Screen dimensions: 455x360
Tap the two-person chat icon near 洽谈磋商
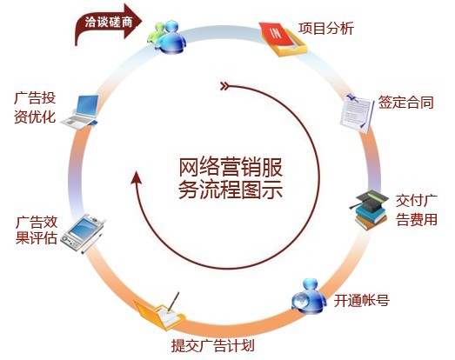pyautogui.click(x=167, y=37)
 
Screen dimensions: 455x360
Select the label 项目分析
pyautogui.click(x=326, y=29)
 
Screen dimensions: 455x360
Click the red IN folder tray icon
pyautogui.click(x=284, y=39)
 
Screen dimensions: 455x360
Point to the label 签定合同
pyautogui.click(x=406, y=103)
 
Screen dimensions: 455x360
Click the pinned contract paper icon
pyautogui.click(x=357, y=112)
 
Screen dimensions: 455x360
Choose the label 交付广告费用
pyautogui.click(x=417, y=210)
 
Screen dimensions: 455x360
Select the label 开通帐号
pyautogui.click(x=362, y=301)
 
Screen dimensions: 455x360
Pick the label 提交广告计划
pyautogui.click(x=212, y=345)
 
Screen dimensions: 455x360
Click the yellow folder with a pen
pyautogui.click(x=160, y=312)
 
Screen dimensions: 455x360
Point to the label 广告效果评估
pyautogui.click(x=37, y=230)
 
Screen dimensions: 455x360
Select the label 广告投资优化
pyautogui.click(x=35, y=108)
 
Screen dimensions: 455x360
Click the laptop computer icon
pyautogui.click(x=80, y=111)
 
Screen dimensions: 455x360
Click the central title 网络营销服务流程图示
pyautogui.click(x=231, y=179)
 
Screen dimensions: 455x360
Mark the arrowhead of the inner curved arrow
pyautogui.click(x=136, y=177)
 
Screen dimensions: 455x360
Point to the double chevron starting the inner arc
pyautogui.click(x=224, y=86)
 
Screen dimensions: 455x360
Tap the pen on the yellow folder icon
pyautogui.click(x=173, y=302)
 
